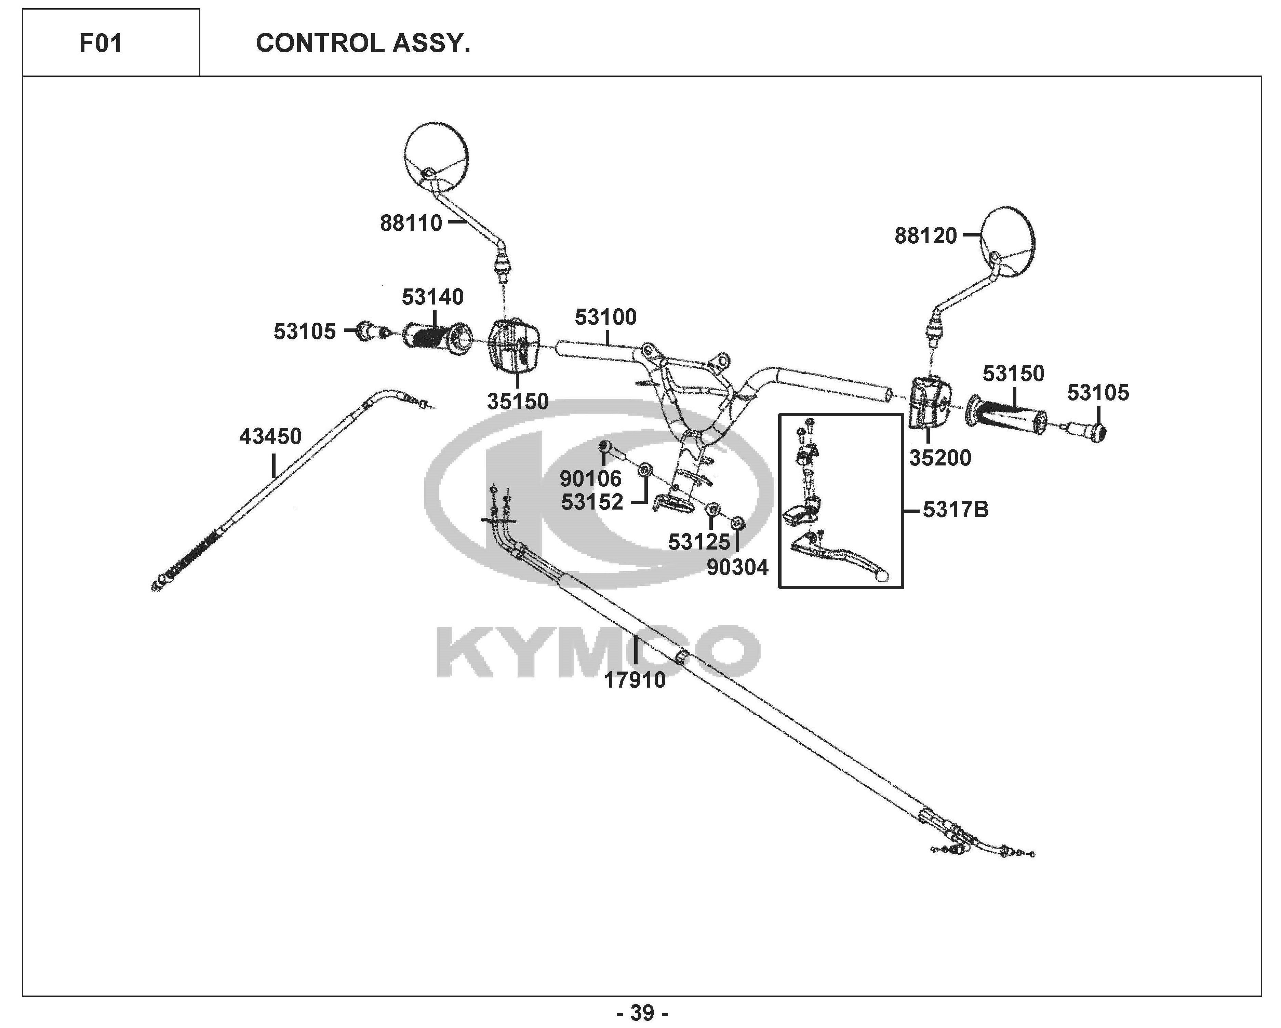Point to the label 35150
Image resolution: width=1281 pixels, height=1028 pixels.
518,402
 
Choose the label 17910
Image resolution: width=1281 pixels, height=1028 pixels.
635,680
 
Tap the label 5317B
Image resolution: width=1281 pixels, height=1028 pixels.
956,510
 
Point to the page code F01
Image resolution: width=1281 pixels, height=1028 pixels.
101,43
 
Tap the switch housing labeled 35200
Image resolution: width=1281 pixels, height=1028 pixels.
930,402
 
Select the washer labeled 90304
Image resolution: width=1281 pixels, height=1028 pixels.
737,523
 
